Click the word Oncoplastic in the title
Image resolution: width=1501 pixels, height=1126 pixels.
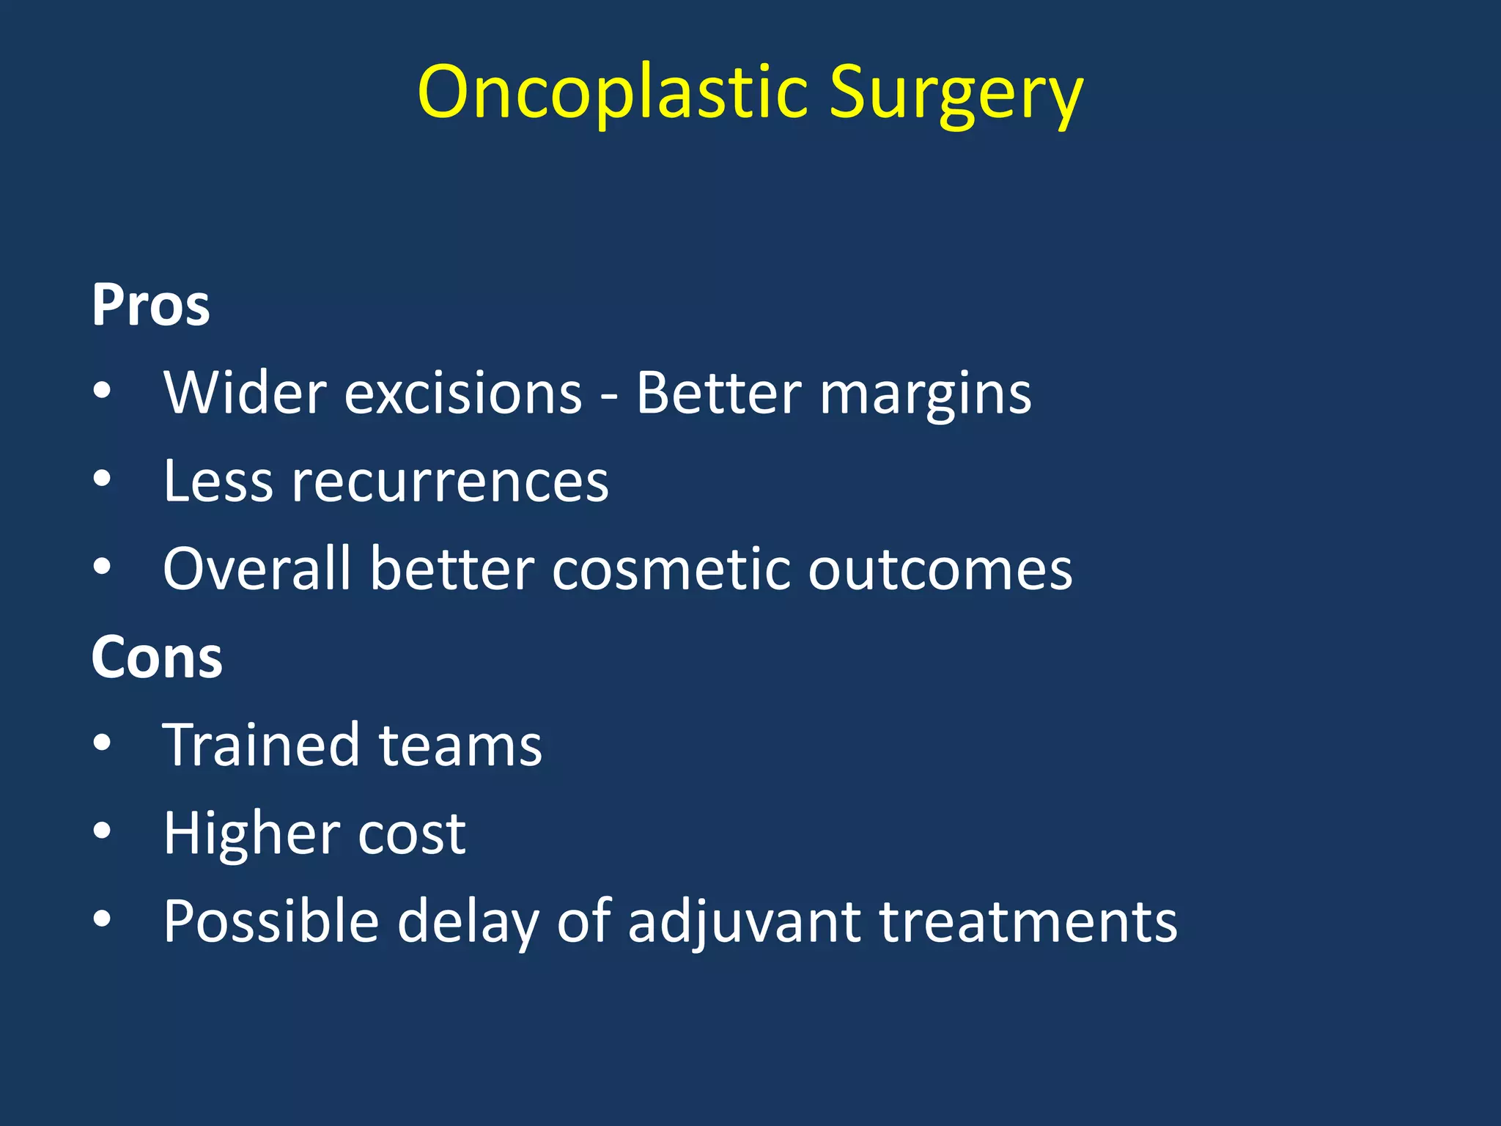[x=613, y=92]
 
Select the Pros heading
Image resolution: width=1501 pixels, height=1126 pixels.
[x=150, y=305]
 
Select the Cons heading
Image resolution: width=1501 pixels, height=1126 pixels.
[x=156, y=658]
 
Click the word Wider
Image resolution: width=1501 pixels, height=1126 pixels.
[x=245, y=393]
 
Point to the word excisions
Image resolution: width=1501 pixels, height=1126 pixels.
[x=463, y=394]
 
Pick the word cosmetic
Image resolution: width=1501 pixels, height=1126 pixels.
[x=671, y=570]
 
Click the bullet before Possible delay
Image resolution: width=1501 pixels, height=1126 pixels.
[x=102, y=919]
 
